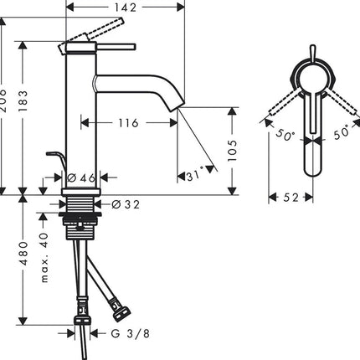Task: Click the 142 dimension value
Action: coord(126,8)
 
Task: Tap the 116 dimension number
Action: coord(128,123)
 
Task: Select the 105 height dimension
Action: coord(232,151)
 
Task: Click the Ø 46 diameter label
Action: coord(81,177)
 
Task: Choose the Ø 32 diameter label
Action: coord(126,204)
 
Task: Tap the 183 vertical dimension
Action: coord(23,101)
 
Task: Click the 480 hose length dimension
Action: coord(23,254)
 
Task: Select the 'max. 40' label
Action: coord(44,258)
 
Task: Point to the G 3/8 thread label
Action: coord(131,333)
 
